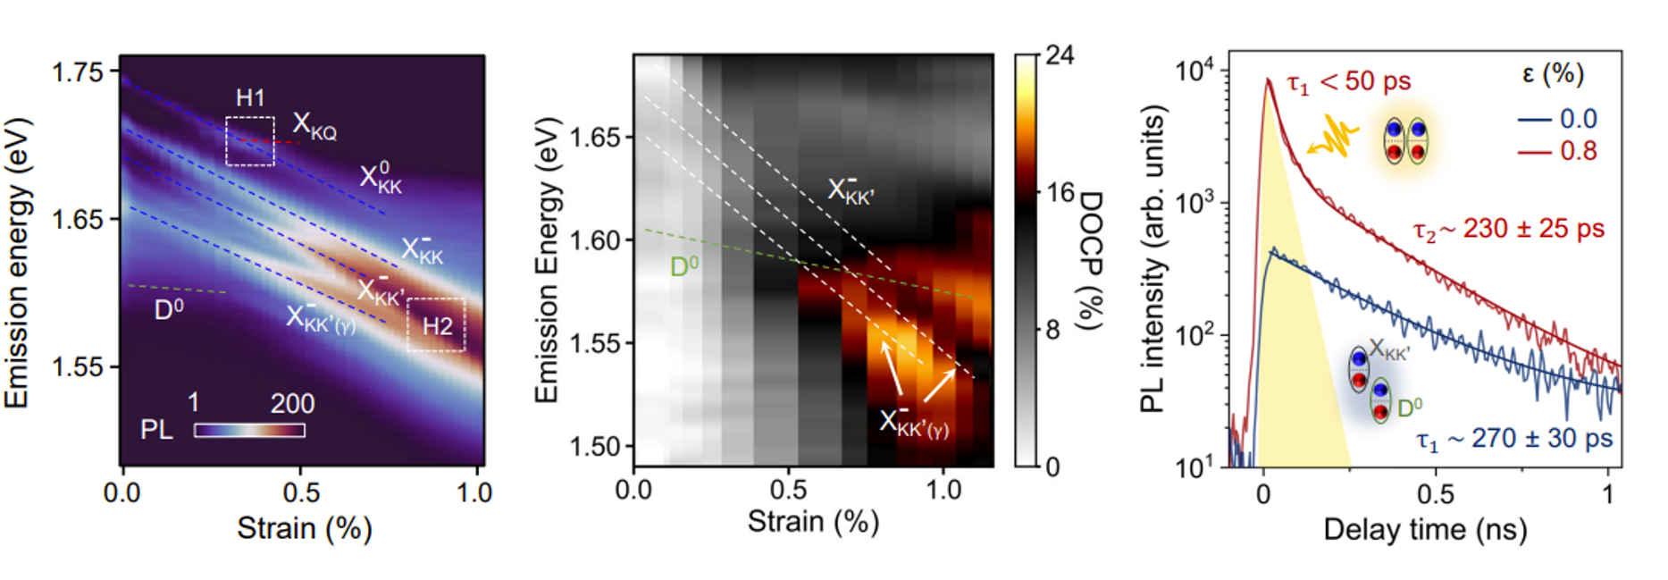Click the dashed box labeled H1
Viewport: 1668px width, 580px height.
click(249, 141)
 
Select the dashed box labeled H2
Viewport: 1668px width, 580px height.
click(436, 324)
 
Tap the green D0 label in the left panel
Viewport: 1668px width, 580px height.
click(169, 309)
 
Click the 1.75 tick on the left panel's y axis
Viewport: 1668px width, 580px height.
click(79, 71)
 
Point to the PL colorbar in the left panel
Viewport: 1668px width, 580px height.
click(249, 430)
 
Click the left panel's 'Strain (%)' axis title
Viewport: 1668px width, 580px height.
click(304, 528)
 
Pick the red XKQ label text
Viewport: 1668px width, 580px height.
click(314, 128)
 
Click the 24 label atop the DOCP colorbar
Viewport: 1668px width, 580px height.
click(1060, 55)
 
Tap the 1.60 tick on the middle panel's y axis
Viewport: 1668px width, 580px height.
click(595, 240)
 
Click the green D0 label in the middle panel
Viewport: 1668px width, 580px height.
click(684, 265)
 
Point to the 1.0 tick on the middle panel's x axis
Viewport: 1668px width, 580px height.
click(943, 490)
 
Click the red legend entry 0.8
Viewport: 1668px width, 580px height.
click(1578, 151)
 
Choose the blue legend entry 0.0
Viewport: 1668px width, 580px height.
click(1578, 119)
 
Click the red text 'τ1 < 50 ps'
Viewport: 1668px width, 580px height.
click(1348, 82)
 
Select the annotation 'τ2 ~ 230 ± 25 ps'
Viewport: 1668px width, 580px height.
click(1508, 230)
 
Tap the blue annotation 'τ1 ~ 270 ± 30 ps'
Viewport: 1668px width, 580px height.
click(1515, 440)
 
